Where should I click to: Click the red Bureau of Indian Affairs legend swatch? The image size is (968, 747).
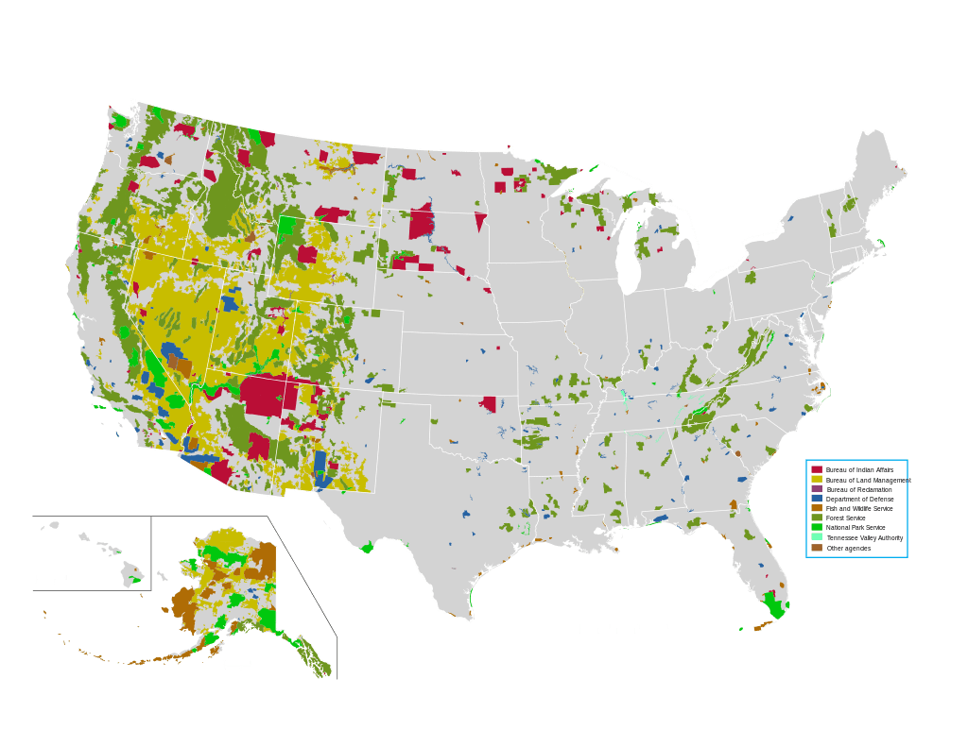(817, 469)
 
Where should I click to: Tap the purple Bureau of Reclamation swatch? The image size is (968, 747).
(817, 489)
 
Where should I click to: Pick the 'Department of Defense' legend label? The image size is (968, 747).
(859, 499)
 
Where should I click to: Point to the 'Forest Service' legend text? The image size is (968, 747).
(845, 518)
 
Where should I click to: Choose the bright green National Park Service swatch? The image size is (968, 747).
(817, 527)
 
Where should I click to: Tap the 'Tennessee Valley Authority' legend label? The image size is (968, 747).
(864, 537)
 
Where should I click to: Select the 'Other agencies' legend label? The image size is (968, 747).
(848, 548)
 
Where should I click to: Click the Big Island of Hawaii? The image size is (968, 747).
(132, 573)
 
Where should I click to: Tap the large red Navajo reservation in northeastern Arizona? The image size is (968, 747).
(269, 394)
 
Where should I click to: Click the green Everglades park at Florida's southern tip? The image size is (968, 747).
(774, 606)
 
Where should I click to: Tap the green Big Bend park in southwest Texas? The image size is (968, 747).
(368, 548)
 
